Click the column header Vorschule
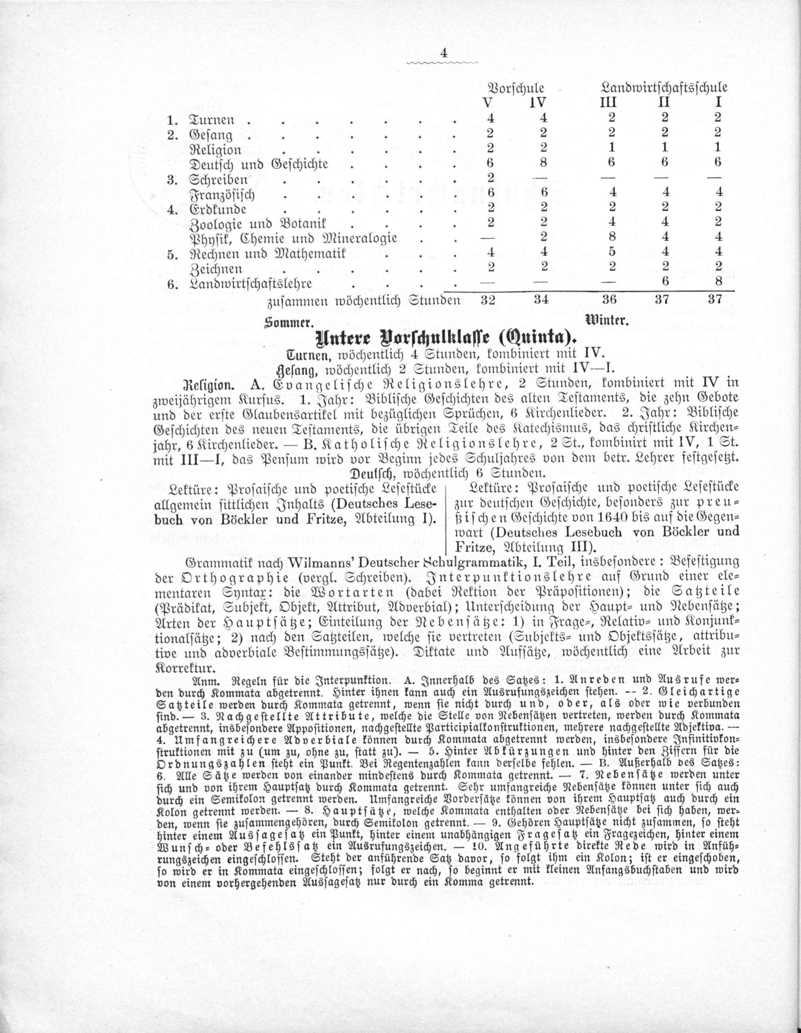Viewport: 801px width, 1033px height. point(515,88)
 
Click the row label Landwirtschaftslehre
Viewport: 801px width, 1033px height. point(251,284)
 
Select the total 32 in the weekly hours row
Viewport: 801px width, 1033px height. point(490,300)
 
